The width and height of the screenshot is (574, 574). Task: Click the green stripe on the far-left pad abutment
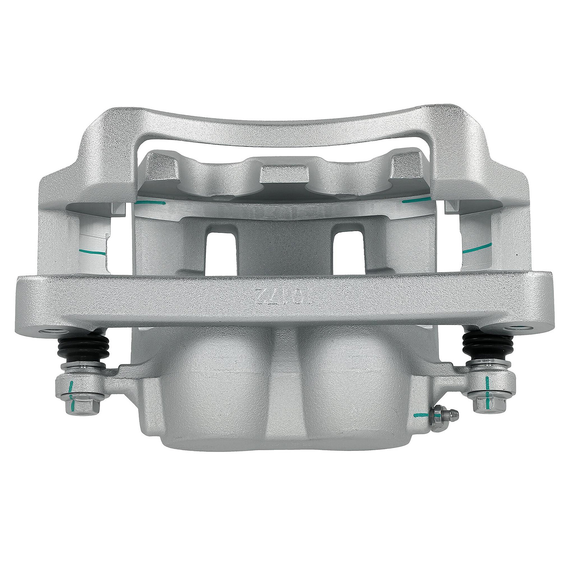(x=93, y=252)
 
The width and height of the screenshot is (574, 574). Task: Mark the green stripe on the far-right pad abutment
(x=476, y=248)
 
